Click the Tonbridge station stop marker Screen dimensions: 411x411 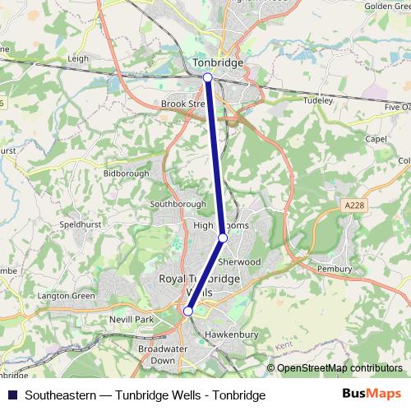pyautogui.click(x=208, y=77)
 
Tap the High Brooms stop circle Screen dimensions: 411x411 pyautogui.click(x=223, y=238)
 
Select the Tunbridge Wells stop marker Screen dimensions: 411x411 pyautogui.click(x=188, y=312)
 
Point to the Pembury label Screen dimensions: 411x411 pyautogui.click(x=335, y=269)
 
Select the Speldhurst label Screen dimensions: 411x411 pyautogui.click(x=80, y=224)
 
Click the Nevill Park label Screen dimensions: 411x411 pyautogui.click(x=132, y=318)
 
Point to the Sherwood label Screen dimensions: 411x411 pyautogui.click(x=239, y=261)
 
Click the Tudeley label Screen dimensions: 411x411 pyautogui.click(x=317, y=100)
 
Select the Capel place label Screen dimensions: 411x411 pyautogui.click(x=376, y=139)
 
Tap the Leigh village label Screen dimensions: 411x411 pyautogui.click(x=79, y=59)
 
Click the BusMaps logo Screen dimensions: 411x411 pyautogui.click(x=372, y=395)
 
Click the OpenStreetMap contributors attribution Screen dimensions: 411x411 pyautogui.click(x=339, y=368)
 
